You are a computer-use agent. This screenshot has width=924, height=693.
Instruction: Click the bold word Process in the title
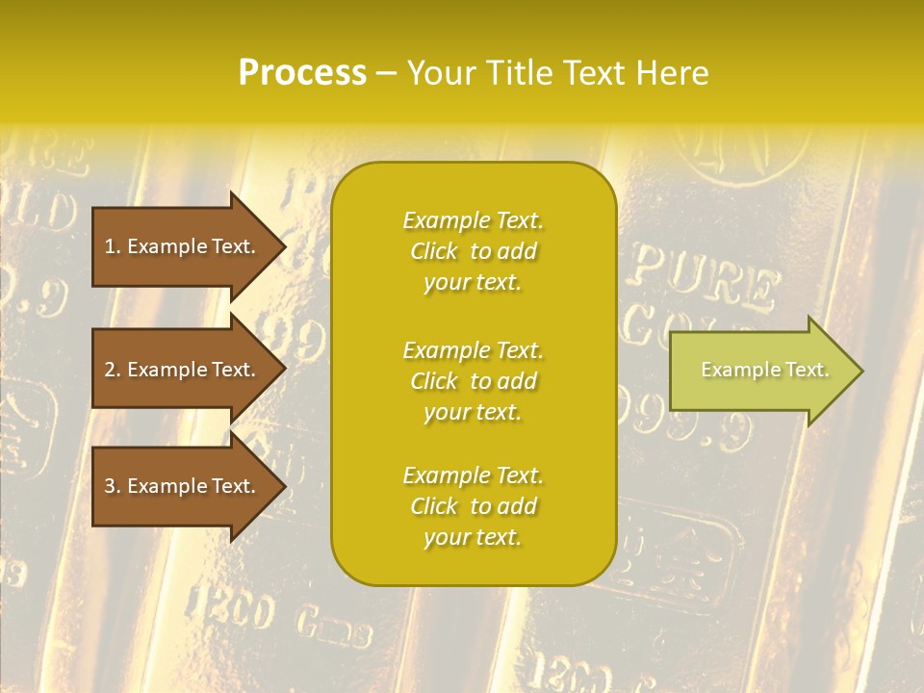(x=302, y=73)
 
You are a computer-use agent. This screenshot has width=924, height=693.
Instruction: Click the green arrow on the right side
(x=760, y=371)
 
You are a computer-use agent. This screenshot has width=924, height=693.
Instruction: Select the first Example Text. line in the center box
(x=473, y=220)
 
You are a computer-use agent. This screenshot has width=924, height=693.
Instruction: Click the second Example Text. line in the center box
(x=473, y=350)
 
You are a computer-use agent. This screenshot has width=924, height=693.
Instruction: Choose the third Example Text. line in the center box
(x=473, y=475)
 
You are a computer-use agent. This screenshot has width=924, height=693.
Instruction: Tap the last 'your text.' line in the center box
(x=473, y=537)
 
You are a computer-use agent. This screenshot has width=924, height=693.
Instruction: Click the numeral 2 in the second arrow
(x=110, y=370)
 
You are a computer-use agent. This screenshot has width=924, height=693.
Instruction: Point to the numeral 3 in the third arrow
(x=110, y=486)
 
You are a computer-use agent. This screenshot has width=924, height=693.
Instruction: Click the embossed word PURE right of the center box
(x=703, y=279)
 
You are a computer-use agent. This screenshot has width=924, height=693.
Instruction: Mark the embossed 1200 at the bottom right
(x=558, y=667)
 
